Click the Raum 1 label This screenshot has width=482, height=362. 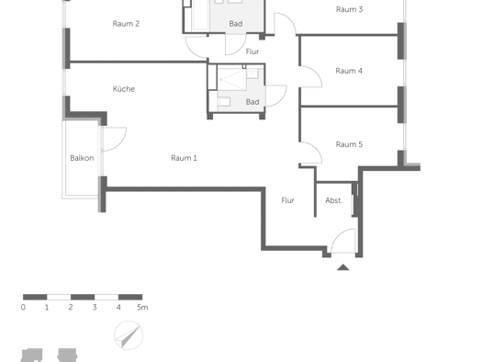(184, 158)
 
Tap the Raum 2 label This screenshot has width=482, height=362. (126, 24)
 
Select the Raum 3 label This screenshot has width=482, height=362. (349, 9)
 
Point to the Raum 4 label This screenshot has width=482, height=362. (349, 71)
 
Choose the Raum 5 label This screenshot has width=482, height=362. (349, 144)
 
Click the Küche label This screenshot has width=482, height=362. (124, 89)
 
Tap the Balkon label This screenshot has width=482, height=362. (82, 158)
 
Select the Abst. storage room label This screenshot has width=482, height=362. (334, 200)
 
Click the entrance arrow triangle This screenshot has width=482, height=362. (343, 267)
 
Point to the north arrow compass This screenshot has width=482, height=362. (129, 335)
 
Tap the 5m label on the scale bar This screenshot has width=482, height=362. (142, 307)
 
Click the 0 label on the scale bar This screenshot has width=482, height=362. (23, 307)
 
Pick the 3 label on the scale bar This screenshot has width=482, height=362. (95, 307)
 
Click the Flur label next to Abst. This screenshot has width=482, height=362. (287, 200)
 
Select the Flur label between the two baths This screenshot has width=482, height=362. (252, 51)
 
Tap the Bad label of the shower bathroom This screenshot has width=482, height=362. (252, 102)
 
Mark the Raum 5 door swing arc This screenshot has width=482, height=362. (316, 149)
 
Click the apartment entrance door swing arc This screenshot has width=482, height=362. (338, 235)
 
